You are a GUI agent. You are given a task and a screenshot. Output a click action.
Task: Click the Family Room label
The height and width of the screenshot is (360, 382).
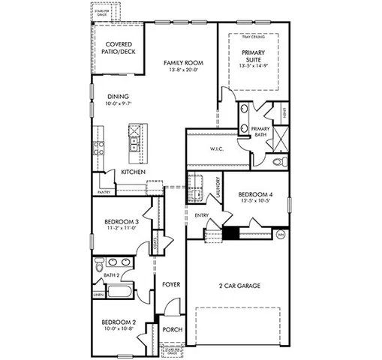tap(182, 63)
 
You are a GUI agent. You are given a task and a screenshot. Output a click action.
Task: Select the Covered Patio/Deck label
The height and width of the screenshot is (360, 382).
tap(119, 49)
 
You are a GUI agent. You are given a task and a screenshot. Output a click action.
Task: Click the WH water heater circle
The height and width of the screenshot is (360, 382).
tap(281, 233)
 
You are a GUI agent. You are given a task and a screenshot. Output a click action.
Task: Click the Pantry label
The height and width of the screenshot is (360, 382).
tap(104, 190)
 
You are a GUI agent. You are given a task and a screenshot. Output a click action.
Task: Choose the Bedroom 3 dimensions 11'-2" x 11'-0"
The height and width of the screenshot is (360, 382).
tap(122, 228)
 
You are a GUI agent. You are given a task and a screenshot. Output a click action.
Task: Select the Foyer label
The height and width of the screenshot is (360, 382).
tap(170, 284)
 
